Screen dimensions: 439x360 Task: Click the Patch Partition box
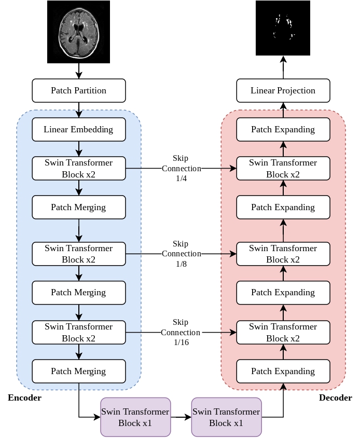tap(79, 90)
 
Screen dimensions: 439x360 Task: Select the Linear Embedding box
tap(79, 129)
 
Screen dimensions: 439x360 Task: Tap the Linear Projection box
tap(283, 90)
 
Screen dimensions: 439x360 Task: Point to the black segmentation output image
tap(283, 28)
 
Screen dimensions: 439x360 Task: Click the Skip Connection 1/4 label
tap(181, 168)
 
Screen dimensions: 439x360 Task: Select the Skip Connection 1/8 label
tap(181, 254)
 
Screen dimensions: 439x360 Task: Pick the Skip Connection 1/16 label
tap(181, 332)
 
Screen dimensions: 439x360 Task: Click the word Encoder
tap(24, 398)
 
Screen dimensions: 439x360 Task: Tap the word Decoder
tap(335, 398)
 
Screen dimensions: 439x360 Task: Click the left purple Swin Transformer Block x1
tap(135, 417)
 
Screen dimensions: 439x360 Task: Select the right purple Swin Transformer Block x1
tap(226, 417)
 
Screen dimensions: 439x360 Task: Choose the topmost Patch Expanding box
tap(283, 129)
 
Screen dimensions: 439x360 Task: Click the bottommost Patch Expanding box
tap(283, 371)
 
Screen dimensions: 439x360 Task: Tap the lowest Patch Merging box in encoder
tap(79, 371)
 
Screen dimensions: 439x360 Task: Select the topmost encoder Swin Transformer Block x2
tap(79, 168)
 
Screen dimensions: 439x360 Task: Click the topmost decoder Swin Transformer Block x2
tap(283, 168)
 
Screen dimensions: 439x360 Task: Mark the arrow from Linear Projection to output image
tap(283, 67)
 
